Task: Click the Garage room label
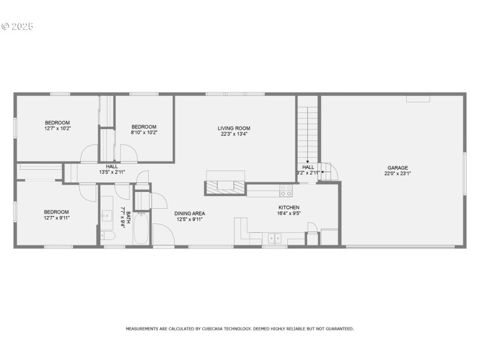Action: [397, 168]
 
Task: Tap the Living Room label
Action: [234, 128]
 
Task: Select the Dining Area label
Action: [190, 214]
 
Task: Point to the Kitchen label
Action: [289, 207]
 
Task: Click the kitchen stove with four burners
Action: [286, 190]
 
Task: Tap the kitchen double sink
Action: [274, 238]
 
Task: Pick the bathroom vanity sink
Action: [107, 215]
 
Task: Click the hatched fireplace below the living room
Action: [226, 188]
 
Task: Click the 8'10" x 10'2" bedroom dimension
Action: [144, 133]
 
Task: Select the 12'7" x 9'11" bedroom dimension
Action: [56, 218]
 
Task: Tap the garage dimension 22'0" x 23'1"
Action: [397, 173]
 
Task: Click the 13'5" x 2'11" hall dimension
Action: [112, 172]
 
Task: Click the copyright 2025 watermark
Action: [17, 26]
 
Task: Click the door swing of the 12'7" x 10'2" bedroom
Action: [89, 153]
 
